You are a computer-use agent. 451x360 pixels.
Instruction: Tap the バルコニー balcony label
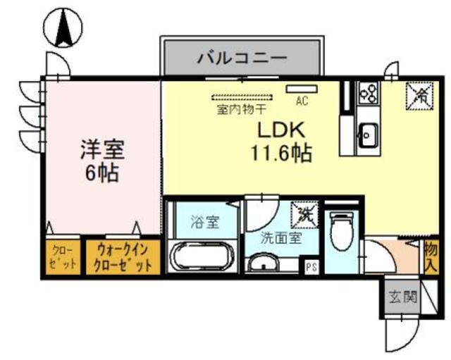pyautogui.click(x=242, y=57)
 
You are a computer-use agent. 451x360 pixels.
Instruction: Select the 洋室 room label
pyautogui.click(x=102, y=150)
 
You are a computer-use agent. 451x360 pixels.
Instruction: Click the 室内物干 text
pyautogui.click(x=242, y=110)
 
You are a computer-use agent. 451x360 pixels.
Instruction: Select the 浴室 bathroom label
pyautogui.click(x=205, y=223)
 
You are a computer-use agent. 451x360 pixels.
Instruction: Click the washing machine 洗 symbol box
pyautogui.click(x=305, y=212)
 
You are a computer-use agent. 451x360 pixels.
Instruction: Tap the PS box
pyautogui.click(x=310, y=266)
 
